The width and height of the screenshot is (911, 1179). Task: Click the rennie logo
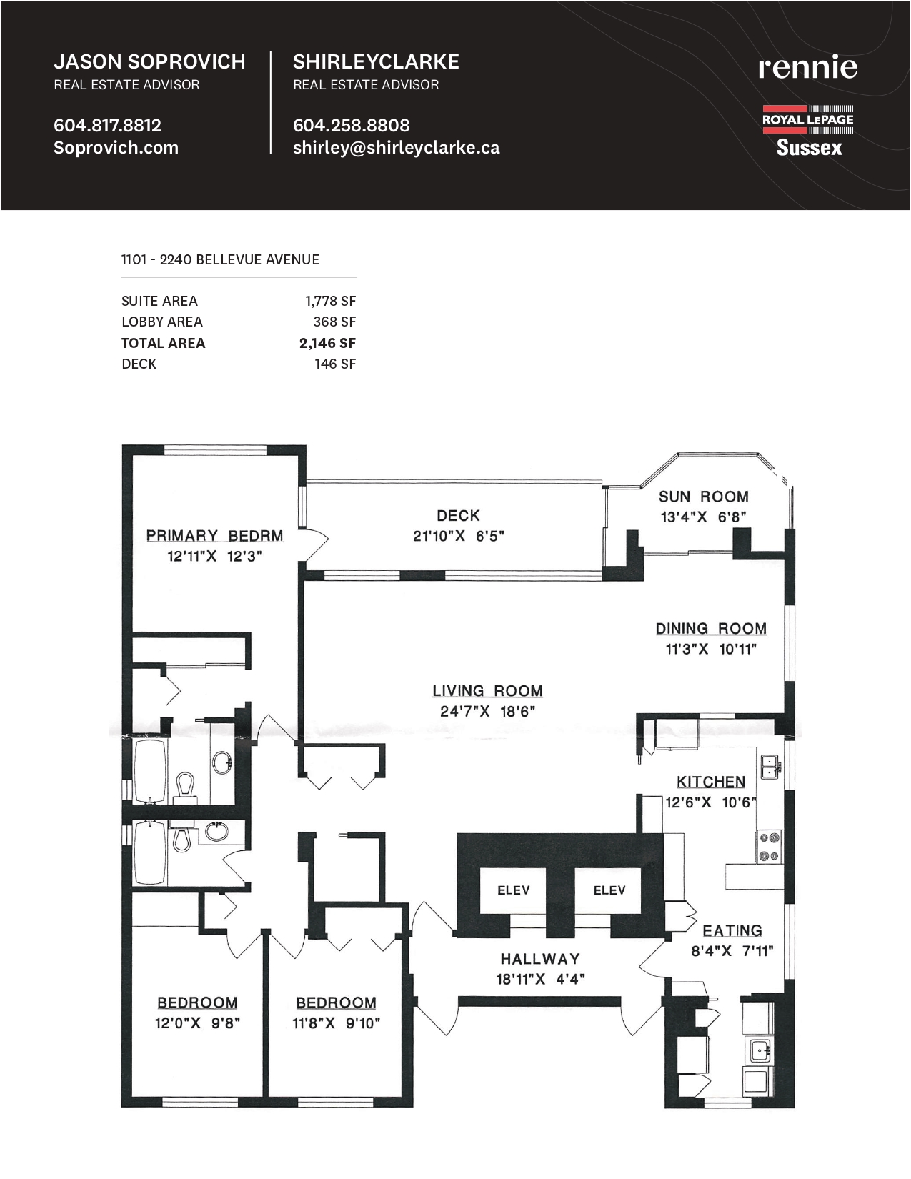pyautogui.click(x=807, y=66)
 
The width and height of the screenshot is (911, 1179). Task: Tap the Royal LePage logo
pyautogui.click(x=808, y=131)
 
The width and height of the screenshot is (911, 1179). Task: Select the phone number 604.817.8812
pyautogui.click(x=107, y=125)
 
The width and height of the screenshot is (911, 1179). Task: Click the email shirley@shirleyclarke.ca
pyautogui.click(x=396, y=148)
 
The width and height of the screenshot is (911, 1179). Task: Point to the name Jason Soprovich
pyautogui.click(x=149, y=62)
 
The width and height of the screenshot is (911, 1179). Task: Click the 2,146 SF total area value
pyautogui.click(x=328, y=343)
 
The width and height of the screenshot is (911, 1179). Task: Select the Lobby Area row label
pyautogui.click(x=162, y=322)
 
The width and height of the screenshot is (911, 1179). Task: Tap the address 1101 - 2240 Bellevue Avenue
pyautogui.click(x=220, y=259)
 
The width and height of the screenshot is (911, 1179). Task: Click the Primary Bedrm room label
pyautogui.click(x=215, y=535)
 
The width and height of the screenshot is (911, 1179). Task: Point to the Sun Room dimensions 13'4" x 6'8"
pyautogui.click(x=703, y=517)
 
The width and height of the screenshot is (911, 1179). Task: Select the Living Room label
pyautogui.click(x=488, y=691)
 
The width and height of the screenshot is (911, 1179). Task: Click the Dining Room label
pyautogui.click(x=712, y=628)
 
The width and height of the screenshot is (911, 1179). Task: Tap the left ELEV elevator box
pyautogui.click(x=513, y=890)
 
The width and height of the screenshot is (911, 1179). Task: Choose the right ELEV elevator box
pyautogui.click(x=608, y=890)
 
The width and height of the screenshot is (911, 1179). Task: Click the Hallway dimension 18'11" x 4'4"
pyautogui.click(x=540, y=980)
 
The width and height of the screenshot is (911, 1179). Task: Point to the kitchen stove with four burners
pyautogui.click(x=770, y=847)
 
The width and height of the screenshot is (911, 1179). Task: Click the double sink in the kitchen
pyautogui.click(x=770, y=767)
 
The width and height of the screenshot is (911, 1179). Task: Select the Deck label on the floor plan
pyautogui.click(x=459, y=515)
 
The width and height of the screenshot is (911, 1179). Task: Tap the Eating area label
pyautogui.click(x=732, y=930)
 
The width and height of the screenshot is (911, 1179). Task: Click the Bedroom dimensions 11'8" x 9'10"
pyautogui.click(x=337, y=1023)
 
